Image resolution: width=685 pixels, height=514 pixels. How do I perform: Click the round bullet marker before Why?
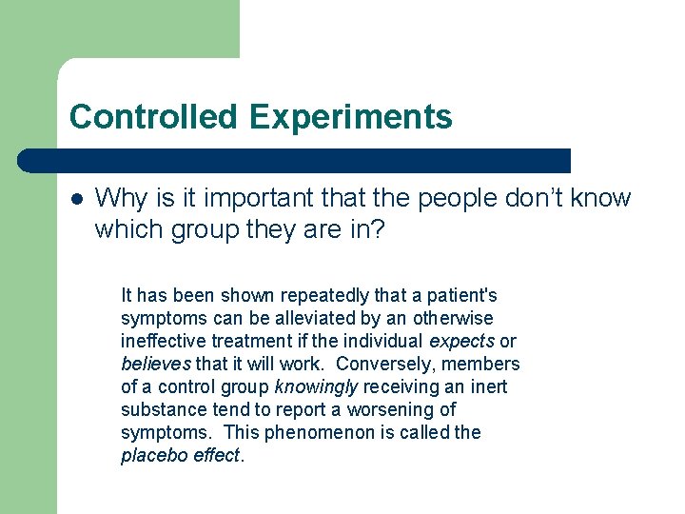tap(77, 199)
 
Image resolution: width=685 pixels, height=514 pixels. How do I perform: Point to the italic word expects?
tap(462, 341)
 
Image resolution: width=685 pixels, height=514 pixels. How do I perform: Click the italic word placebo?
tap(151, 455)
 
